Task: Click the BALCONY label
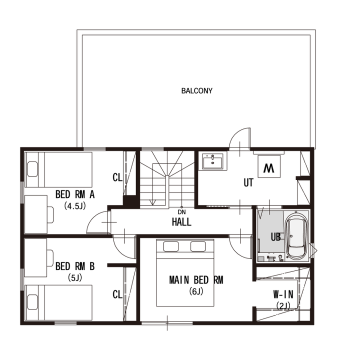[197, 91]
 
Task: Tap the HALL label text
[181, 222]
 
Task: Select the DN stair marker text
[181, 212]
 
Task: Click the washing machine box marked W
[269, 166]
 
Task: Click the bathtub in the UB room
[297, 236]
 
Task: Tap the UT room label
[248, 183]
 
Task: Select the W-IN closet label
[283, 294]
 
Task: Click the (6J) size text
[196, 291]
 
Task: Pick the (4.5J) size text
[75, 205]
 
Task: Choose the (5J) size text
[75, 278]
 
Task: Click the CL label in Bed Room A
[117, 177]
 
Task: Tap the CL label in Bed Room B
[117, 294]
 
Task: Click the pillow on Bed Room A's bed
[32, 169]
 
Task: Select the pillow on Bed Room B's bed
[32, 302]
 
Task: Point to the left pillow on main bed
[171, 246]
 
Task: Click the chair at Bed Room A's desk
[50, 214]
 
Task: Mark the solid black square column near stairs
[131, 202]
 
